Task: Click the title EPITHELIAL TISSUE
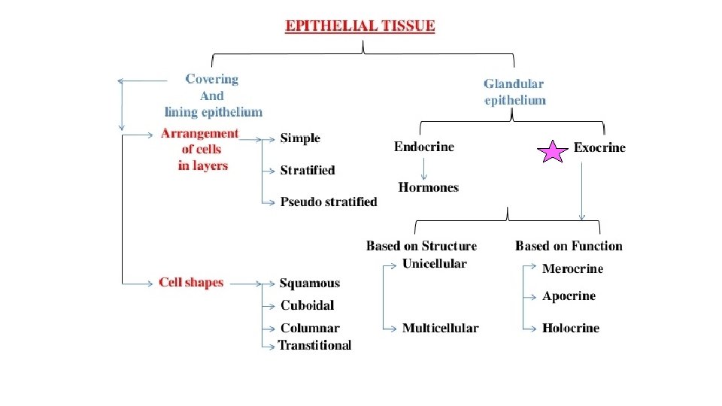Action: coord(360,26)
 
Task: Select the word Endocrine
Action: coord(424,147)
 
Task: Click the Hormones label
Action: coord(428,187)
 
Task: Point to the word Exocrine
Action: coord(599,147)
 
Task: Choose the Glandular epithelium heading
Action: coord(514,92)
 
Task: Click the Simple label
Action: coord(300,138)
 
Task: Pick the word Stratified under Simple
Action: coord(308,171)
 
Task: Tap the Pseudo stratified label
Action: coord(329,201)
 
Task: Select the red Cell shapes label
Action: coord(191,283)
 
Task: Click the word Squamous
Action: coord(310,283)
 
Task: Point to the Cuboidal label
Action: coord(307,305)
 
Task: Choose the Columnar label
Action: coord(310,328)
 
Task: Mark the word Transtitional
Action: coord(314,345)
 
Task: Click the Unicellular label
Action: coord(434,264)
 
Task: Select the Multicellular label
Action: coord(440,328)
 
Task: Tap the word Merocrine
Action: coord(572,268)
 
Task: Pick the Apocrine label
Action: coord(569,296)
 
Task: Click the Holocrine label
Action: coord(570,328)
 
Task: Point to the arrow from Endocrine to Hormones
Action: coord(424,167)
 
